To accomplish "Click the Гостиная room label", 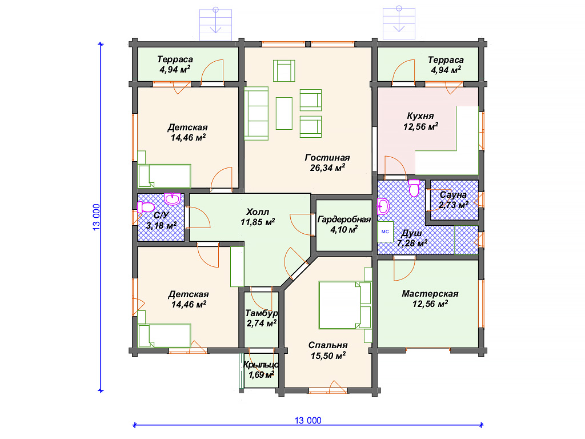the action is pyautogui.click(x=327, y=158).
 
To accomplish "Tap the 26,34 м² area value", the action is pyautogui.click(x=327, y=167).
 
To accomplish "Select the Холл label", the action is pyautogui.click(x=258, y=211).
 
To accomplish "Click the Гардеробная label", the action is pyautogui.click(x=344, y=219).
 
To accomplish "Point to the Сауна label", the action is pyautogui.click(x=453, y=194).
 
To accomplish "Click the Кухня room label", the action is pyautogui.click(x=420, y=115).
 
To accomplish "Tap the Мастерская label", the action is pyautogui.click(x=430, y=294).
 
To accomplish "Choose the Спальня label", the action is pyautogui.click(x=328, y=345).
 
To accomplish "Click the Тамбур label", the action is pyautogui.click(x=262, y=313).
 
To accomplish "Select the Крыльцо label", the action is pyautogui.click(x=261, y=365).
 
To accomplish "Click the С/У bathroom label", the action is pyautogui.click(x=161, y=215).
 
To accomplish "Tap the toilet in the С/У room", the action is pyautogui.click(x=145, y=207).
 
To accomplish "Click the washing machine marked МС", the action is pyautogui.click(x=385, y=232).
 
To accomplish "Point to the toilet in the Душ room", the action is pyautogui.click(x=414, y=187).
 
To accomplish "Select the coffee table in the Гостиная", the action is pyautogui.click(x=284, y=113).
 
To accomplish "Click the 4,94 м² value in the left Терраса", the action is pyautogui.click(x=175, y=69).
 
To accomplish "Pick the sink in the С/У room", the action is pyautogui.click(x=173, y=199).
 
